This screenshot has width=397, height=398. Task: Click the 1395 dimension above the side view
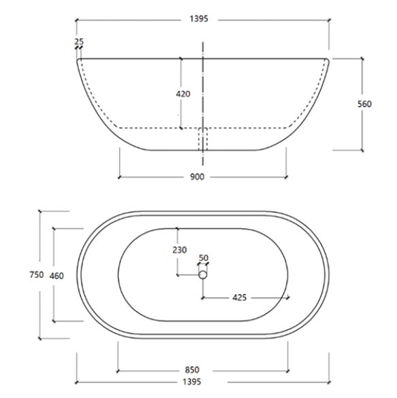tap(203, 21)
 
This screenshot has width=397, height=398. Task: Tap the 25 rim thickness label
tap(80, 42)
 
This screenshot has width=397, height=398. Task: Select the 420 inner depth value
tap(183, 94)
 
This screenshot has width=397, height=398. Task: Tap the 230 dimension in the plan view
tap(179, 249)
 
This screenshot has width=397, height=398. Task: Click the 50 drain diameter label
tap(203, 258)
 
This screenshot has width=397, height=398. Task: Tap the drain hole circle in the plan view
tap(203, 274)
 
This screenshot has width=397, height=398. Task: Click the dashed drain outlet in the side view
tap(203, 139)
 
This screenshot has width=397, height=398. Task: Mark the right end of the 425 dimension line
tap(288, 297)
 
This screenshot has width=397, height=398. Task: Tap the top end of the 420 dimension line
tap(181, 59)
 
